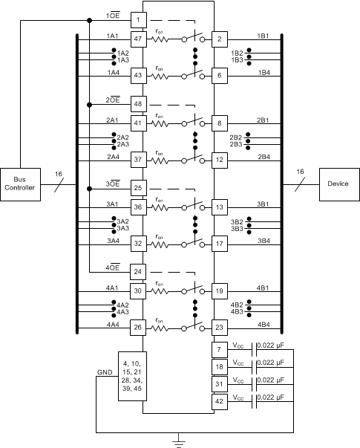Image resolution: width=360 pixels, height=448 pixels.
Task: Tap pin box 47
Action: click(x=138, y=38)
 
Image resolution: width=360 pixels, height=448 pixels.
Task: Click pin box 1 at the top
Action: click(x=138, y=19)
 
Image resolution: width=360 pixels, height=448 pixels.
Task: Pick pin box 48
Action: click(x=138, y=103)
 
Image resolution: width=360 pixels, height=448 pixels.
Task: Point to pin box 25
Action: click(x=138, y=187)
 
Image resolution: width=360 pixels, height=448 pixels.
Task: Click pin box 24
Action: click(x=138, y=271)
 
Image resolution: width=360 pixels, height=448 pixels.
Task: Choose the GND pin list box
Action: click(x=138, y=377)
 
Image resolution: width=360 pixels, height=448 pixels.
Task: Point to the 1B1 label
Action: click(x=263, y=36)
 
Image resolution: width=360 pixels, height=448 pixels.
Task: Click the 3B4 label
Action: click(x=263, y=241)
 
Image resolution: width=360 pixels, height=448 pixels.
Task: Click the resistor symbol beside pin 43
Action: click(x=160, y=75)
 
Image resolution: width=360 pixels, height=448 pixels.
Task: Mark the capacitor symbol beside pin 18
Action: click(x=257, y=366)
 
